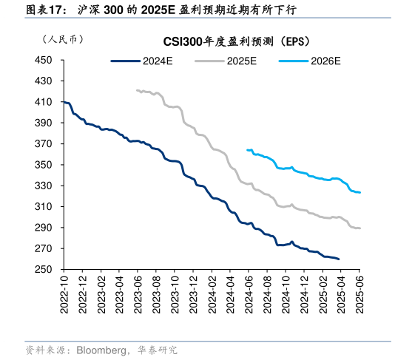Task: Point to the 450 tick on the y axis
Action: (44, 60)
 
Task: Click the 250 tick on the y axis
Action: (44, 271)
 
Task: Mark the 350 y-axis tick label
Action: (44, 165)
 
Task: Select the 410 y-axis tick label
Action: (44, 102)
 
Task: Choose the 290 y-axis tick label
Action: (44, 228)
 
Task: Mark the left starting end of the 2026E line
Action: (247, 149)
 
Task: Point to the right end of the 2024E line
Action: (339, 259)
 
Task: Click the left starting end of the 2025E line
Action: (137, 90)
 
